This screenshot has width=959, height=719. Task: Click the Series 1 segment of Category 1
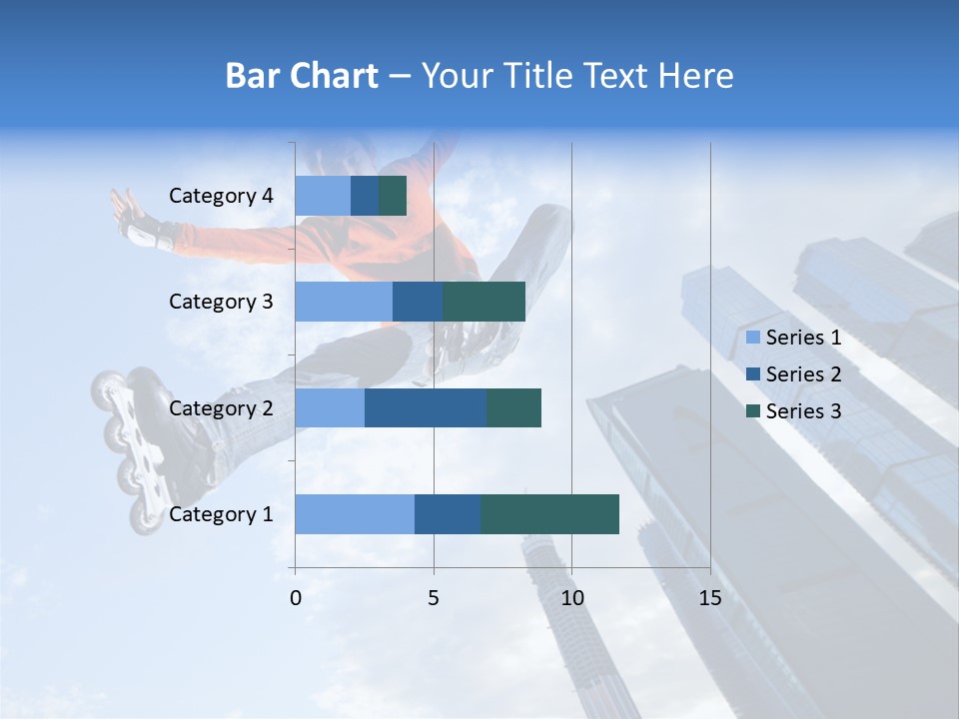(x=355, y=514)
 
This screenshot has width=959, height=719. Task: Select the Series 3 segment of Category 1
(x=549, y=514)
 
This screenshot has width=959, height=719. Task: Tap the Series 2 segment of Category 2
(x=426, y=407)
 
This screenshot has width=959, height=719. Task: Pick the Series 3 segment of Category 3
(x=483, y=302)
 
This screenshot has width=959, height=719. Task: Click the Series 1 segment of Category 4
(x=323, y=196)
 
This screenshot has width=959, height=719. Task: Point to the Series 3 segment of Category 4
(x=393, y=196)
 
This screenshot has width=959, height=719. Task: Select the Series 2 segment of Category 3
(x=418, y=302)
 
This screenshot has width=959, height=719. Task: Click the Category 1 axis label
(x=221, y=514)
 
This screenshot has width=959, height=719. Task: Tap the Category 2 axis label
(x=221, y=407)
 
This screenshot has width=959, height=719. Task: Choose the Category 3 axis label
(x=221, y=302)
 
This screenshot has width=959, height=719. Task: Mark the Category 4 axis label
(x=221, y=196)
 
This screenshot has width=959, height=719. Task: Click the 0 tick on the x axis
(x=296, y=598)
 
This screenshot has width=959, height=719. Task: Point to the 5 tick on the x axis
(x=434, y=598)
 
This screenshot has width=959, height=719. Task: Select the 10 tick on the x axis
(x=571, y=598)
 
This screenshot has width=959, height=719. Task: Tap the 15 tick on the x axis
(x=710, y=598)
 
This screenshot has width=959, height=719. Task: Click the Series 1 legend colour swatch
(x=753, y=338)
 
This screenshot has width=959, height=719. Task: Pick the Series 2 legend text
(x=803, y=374)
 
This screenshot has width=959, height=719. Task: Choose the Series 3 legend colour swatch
(x=753, y=411)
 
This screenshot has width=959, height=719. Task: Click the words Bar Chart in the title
(x=302, y=76)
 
